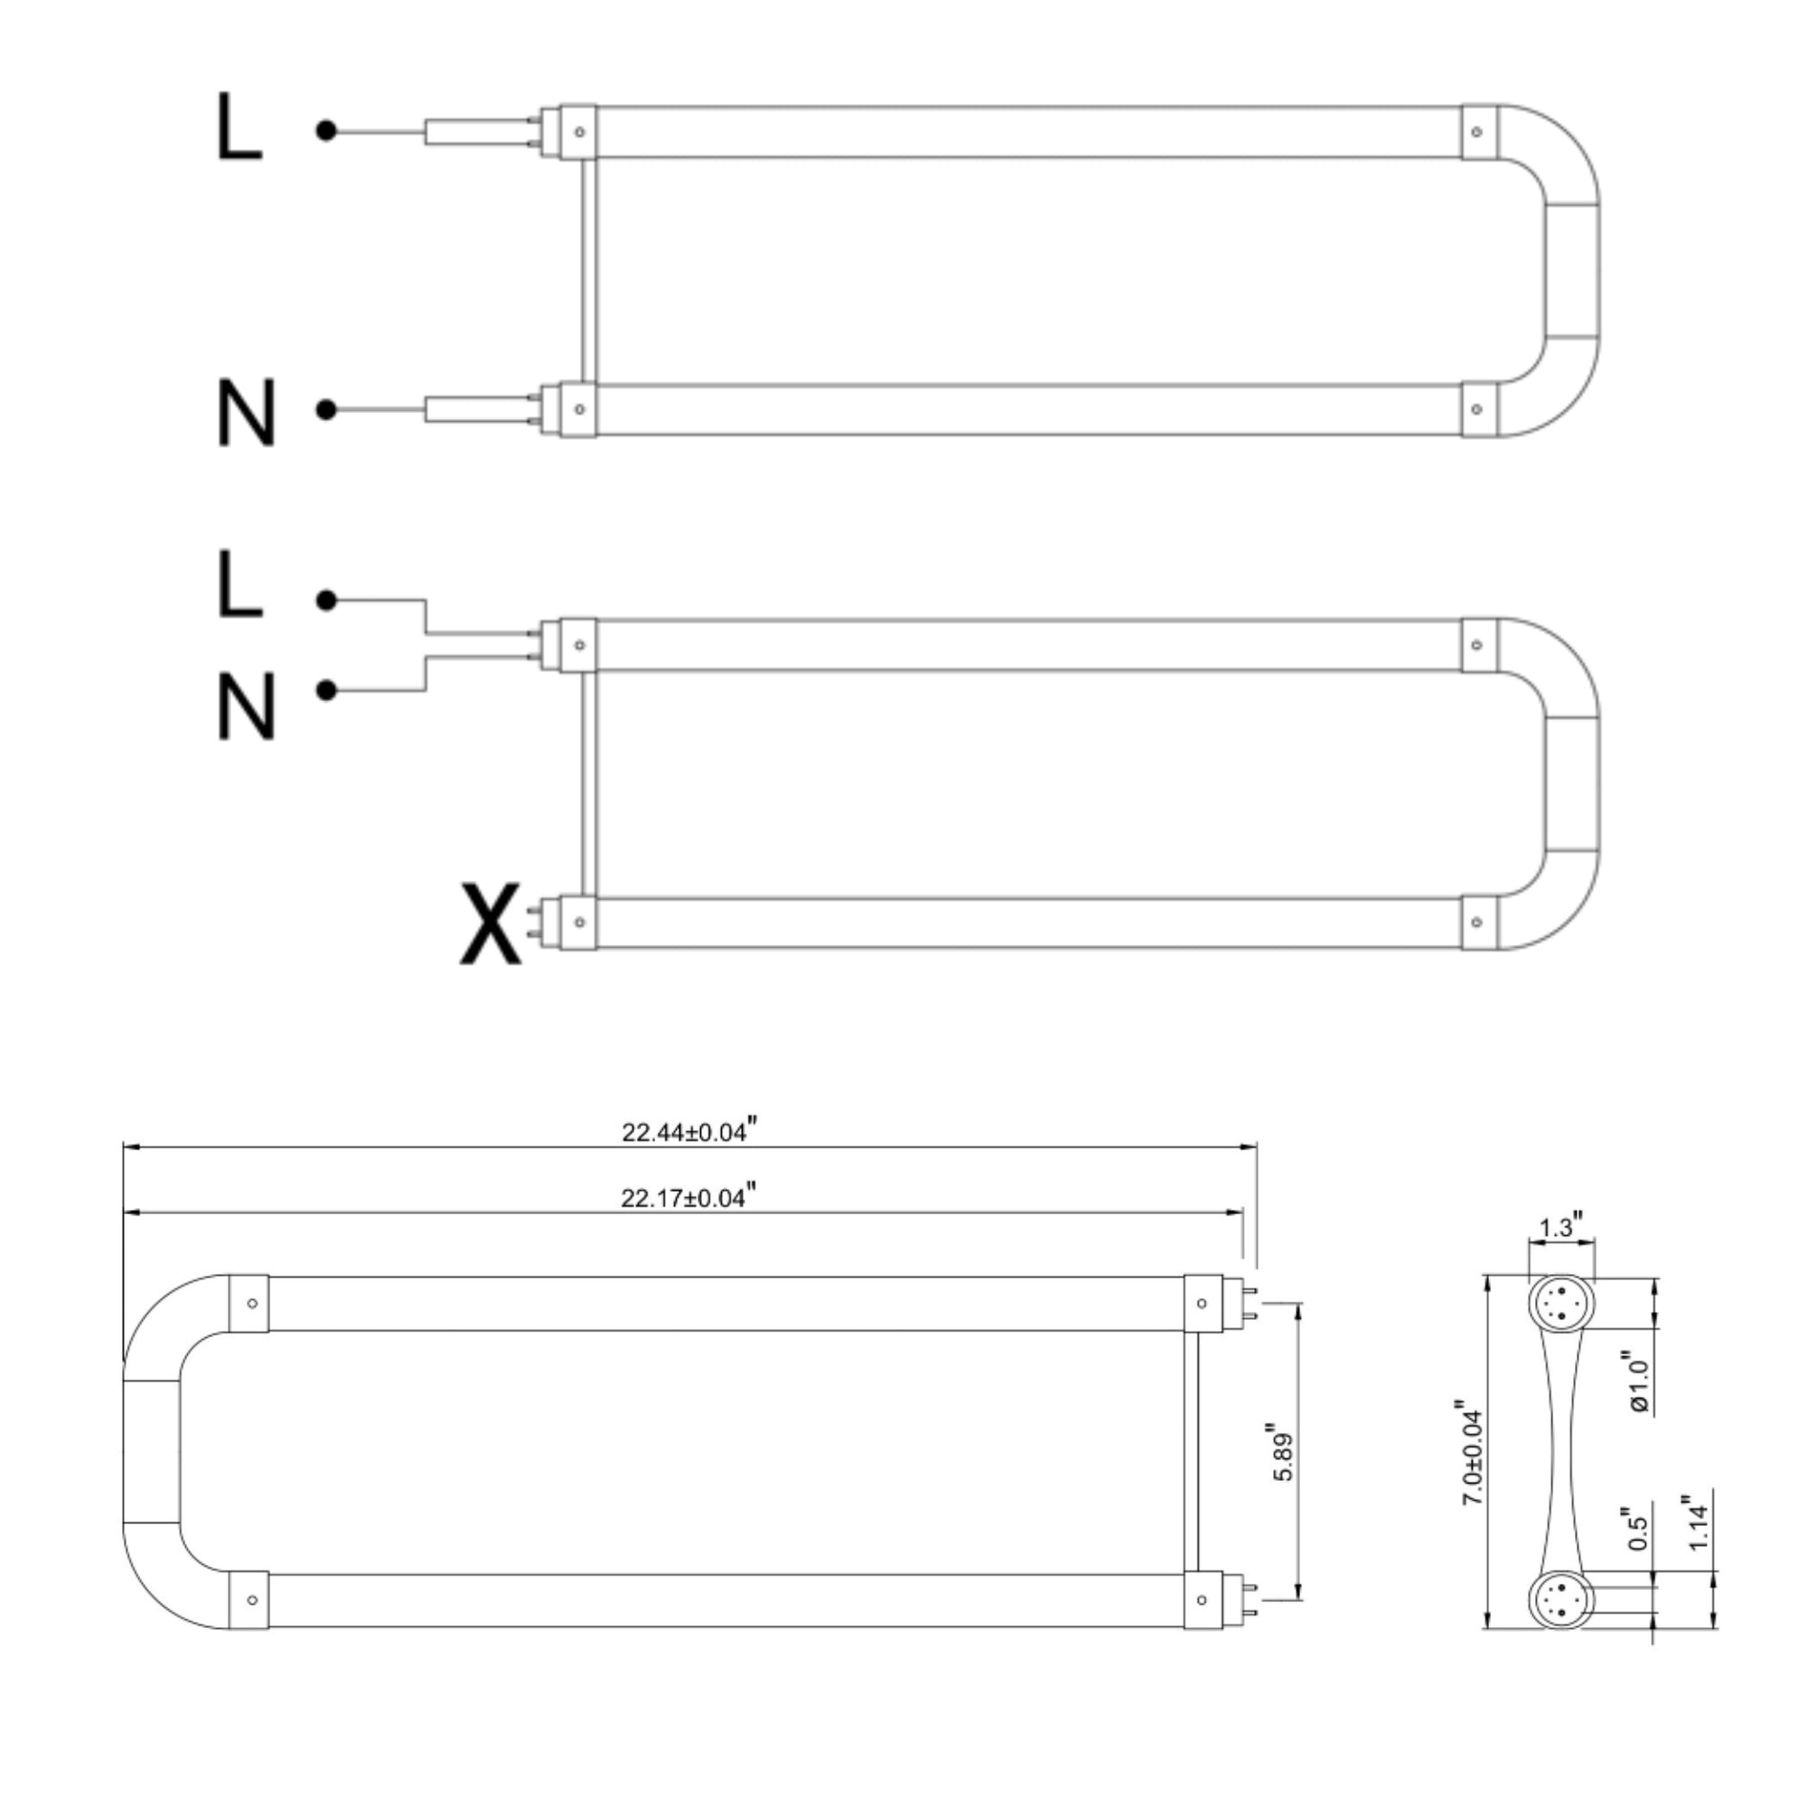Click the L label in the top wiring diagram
tap(239, 127)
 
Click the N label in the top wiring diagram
tap(246, 413)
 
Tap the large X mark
tap(490, 924)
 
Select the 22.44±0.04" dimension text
tap(688, 1132)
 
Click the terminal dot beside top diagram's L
tap(325, 132)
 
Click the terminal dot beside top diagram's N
tap(325, 409)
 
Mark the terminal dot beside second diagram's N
tap(325, 690)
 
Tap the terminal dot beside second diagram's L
tap(325, 601)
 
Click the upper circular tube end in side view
tap(1561, 1303)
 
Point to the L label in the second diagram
tap(239, 584)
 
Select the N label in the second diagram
tap(246, 707)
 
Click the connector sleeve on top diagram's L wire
tap(477, 132)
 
